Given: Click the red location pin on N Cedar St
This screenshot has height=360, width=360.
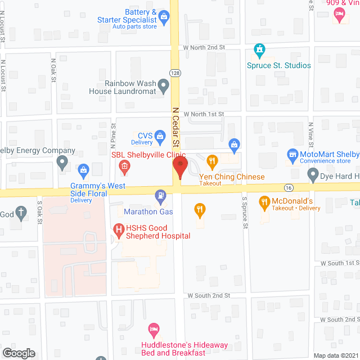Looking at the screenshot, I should [179, 166].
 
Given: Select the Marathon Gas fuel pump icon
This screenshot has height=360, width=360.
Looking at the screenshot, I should [161, 197].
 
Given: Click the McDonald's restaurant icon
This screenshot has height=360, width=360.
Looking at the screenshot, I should [264, 201].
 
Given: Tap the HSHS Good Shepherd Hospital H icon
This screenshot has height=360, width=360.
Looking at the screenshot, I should [119, 229].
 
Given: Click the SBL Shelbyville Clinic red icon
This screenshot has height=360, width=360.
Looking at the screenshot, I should [124, 166].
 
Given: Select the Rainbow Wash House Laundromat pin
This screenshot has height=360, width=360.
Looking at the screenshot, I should [163, 86].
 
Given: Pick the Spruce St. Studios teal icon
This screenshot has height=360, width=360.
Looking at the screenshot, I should [259, 51].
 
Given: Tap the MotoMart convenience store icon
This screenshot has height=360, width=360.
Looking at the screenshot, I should [292, 154].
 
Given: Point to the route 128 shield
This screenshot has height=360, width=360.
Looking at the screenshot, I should [174, 73].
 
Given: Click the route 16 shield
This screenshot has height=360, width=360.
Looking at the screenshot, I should [288, 187].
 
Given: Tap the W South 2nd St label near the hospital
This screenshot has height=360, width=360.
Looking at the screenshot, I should [209, 295].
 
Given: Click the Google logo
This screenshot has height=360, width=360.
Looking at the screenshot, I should [18, 353].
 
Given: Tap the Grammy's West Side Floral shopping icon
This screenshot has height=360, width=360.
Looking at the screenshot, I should [83, 169].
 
